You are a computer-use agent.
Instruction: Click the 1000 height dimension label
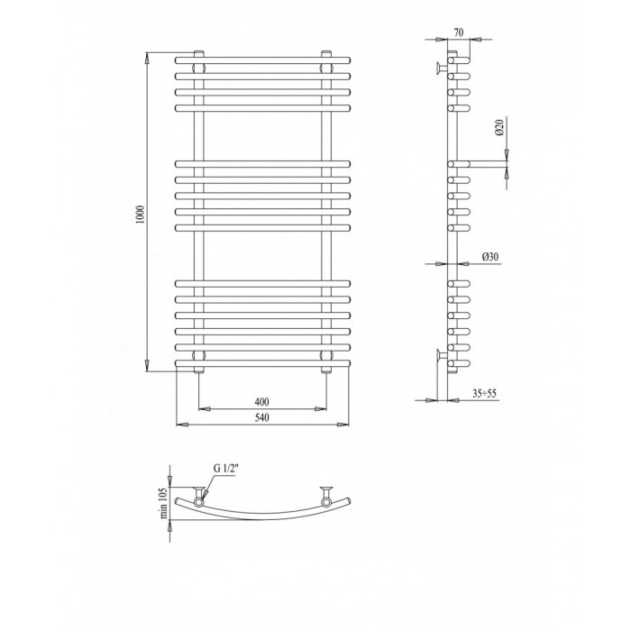(x=140, y=215)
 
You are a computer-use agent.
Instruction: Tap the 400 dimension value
(x=262, y=402)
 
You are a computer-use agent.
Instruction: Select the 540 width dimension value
(x=262, y=417)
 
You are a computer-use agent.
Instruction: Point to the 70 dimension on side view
(x=459, y=32)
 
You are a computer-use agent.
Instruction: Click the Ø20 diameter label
(x=499, y=127)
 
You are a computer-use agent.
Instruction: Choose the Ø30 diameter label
(x=490, y=256)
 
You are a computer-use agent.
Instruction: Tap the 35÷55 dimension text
(x=485, y=394)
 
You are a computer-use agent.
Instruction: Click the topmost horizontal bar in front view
(x=263, y=60)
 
